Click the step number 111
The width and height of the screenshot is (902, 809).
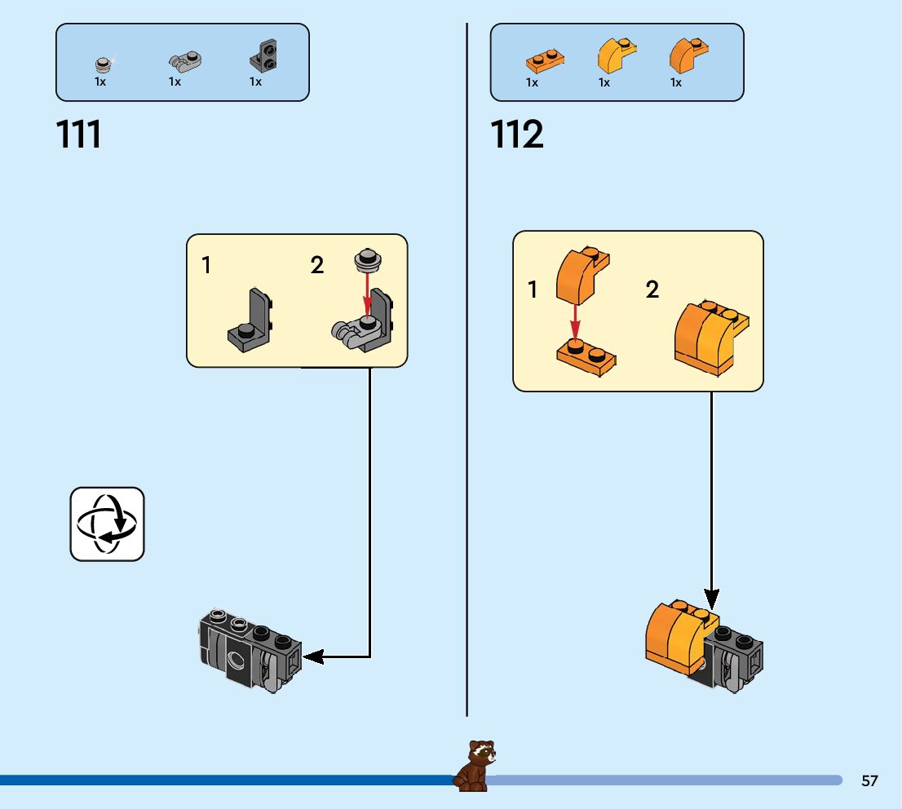coord(79,135)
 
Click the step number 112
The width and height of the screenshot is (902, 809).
coord(517,135)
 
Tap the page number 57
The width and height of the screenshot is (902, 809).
coord(869,780)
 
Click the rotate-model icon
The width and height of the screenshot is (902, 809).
coord(107,524)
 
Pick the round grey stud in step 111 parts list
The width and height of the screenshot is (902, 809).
coord(103,64)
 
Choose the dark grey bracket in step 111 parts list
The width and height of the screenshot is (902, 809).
coord(263,55)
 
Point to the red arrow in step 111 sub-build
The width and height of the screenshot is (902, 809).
coord(368,297)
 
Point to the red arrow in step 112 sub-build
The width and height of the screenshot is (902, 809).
coord(575,321)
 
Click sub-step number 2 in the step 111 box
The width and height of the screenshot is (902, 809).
coord(317,265)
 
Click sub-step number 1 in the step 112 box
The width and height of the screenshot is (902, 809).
coord(533,290)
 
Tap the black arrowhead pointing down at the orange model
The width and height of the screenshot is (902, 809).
coord(712,599)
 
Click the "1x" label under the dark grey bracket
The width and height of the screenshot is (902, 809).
coord(255,82)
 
